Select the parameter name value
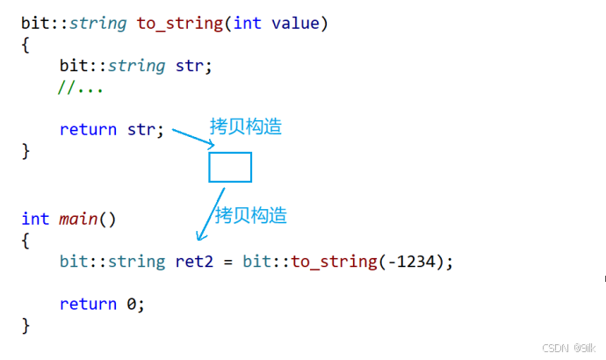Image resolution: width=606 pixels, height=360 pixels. (x=296, y=23)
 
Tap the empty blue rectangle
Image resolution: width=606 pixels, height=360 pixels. (x=230, y=167)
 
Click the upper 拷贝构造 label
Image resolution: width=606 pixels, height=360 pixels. (x=246, y=126)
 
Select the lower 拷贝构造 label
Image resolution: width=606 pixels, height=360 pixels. (x=251, y=215)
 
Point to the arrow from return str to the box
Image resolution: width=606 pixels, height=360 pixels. (x=191, y=137)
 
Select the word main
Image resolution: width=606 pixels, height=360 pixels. (x=79, y=219)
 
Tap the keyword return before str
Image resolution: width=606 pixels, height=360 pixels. (x=88, y=130)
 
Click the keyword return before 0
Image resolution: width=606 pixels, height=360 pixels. (x=88, y=304)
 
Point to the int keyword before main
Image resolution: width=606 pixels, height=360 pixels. (x=35, y=219)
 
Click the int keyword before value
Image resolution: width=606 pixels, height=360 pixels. (x=248, y=23)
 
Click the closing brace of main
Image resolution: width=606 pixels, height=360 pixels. (x=25, y=326)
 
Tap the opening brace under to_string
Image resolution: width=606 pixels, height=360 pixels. (x=25, y=44)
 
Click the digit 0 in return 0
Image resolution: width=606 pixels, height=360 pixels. (x=131, y=304)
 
